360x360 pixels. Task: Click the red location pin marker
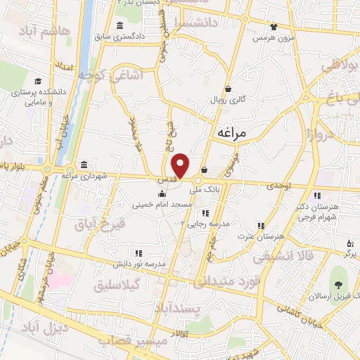pos(181,165)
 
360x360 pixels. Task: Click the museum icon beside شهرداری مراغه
pos(84,165)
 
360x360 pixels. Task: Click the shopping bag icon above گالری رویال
pos(229,89)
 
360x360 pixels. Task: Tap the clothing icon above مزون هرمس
pos(273,27)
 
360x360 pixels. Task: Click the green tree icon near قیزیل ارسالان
pos(339,285)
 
